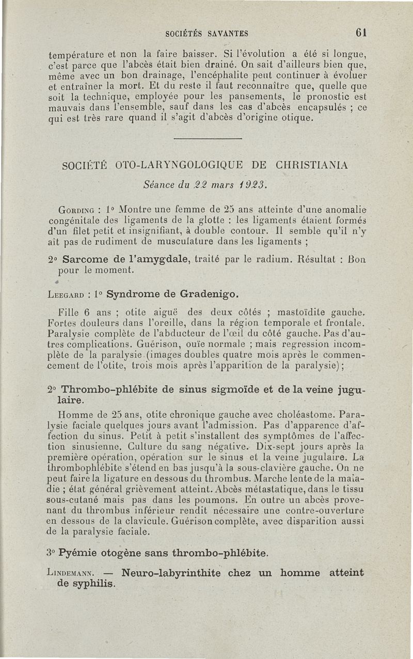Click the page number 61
[x=361, y=32]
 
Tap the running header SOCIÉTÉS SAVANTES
[x=207, y=34]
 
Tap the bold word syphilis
[x=94, y=584]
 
